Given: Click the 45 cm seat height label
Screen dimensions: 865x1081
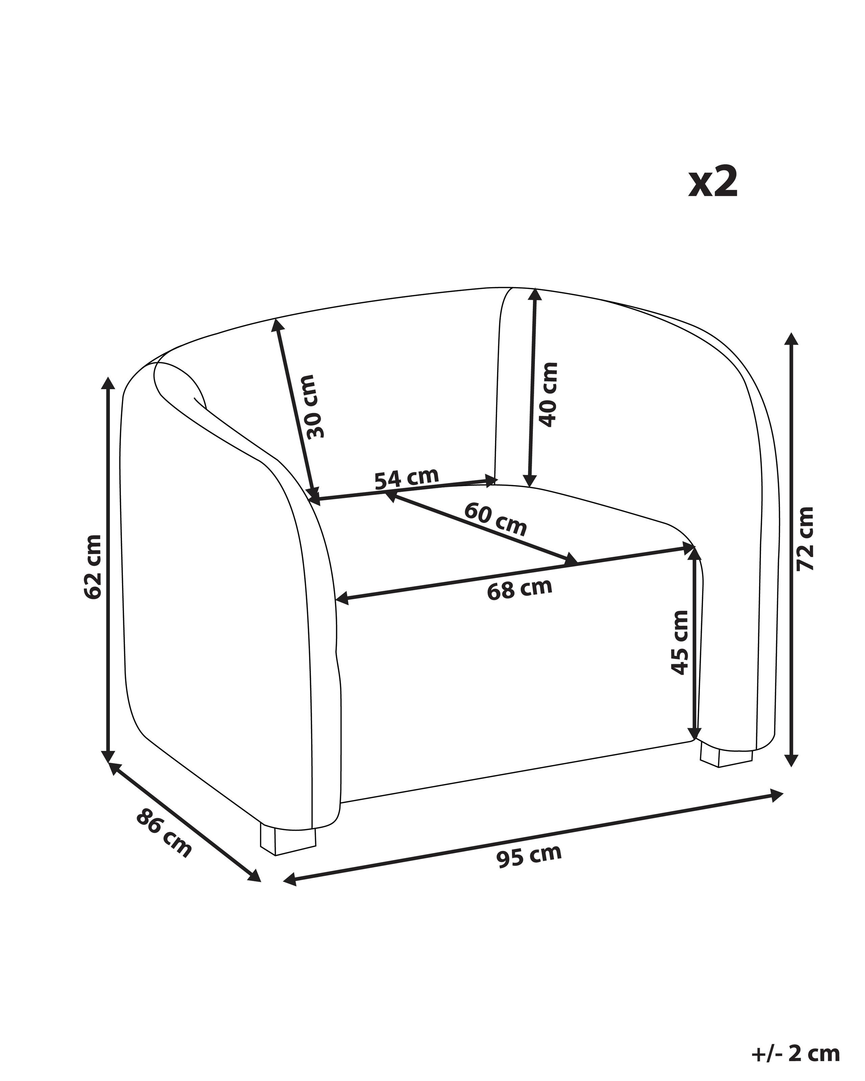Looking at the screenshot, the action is tap(679, 642).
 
